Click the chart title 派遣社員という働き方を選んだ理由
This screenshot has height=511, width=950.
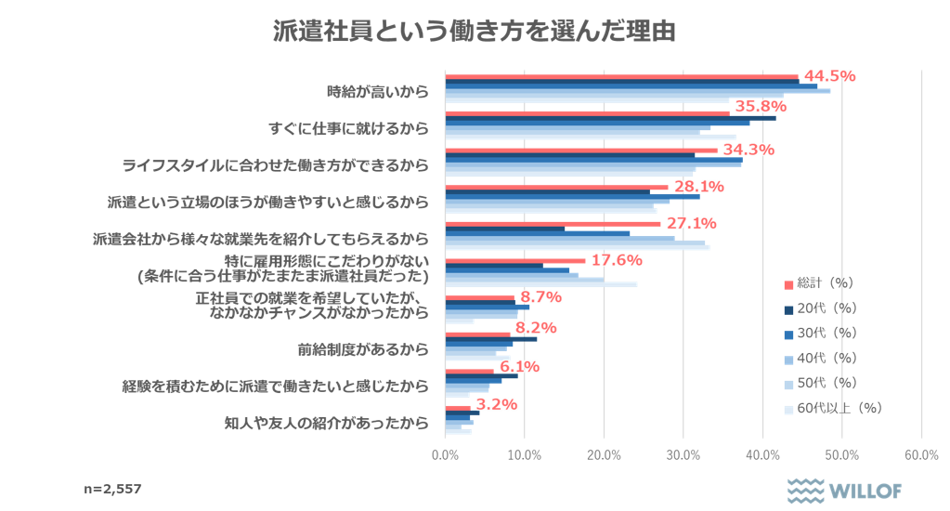point(475,31)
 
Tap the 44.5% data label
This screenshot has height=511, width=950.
point(828,76)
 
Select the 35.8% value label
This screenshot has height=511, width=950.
point(761,107)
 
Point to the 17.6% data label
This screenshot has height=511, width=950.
point(617,260)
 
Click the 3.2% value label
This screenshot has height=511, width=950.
point(496,404)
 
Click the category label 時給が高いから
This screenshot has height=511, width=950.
point(378,91)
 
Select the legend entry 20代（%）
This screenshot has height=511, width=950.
point(820,308)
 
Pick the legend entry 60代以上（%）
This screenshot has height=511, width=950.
point(832,408)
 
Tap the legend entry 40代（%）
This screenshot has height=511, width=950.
point(820,358)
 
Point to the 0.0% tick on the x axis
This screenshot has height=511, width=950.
point(445,454)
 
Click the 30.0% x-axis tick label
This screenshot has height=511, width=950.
point(683,454)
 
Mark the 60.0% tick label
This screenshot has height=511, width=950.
point(920,454)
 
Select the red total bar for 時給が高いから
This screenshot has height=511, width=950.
point(621,77)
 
